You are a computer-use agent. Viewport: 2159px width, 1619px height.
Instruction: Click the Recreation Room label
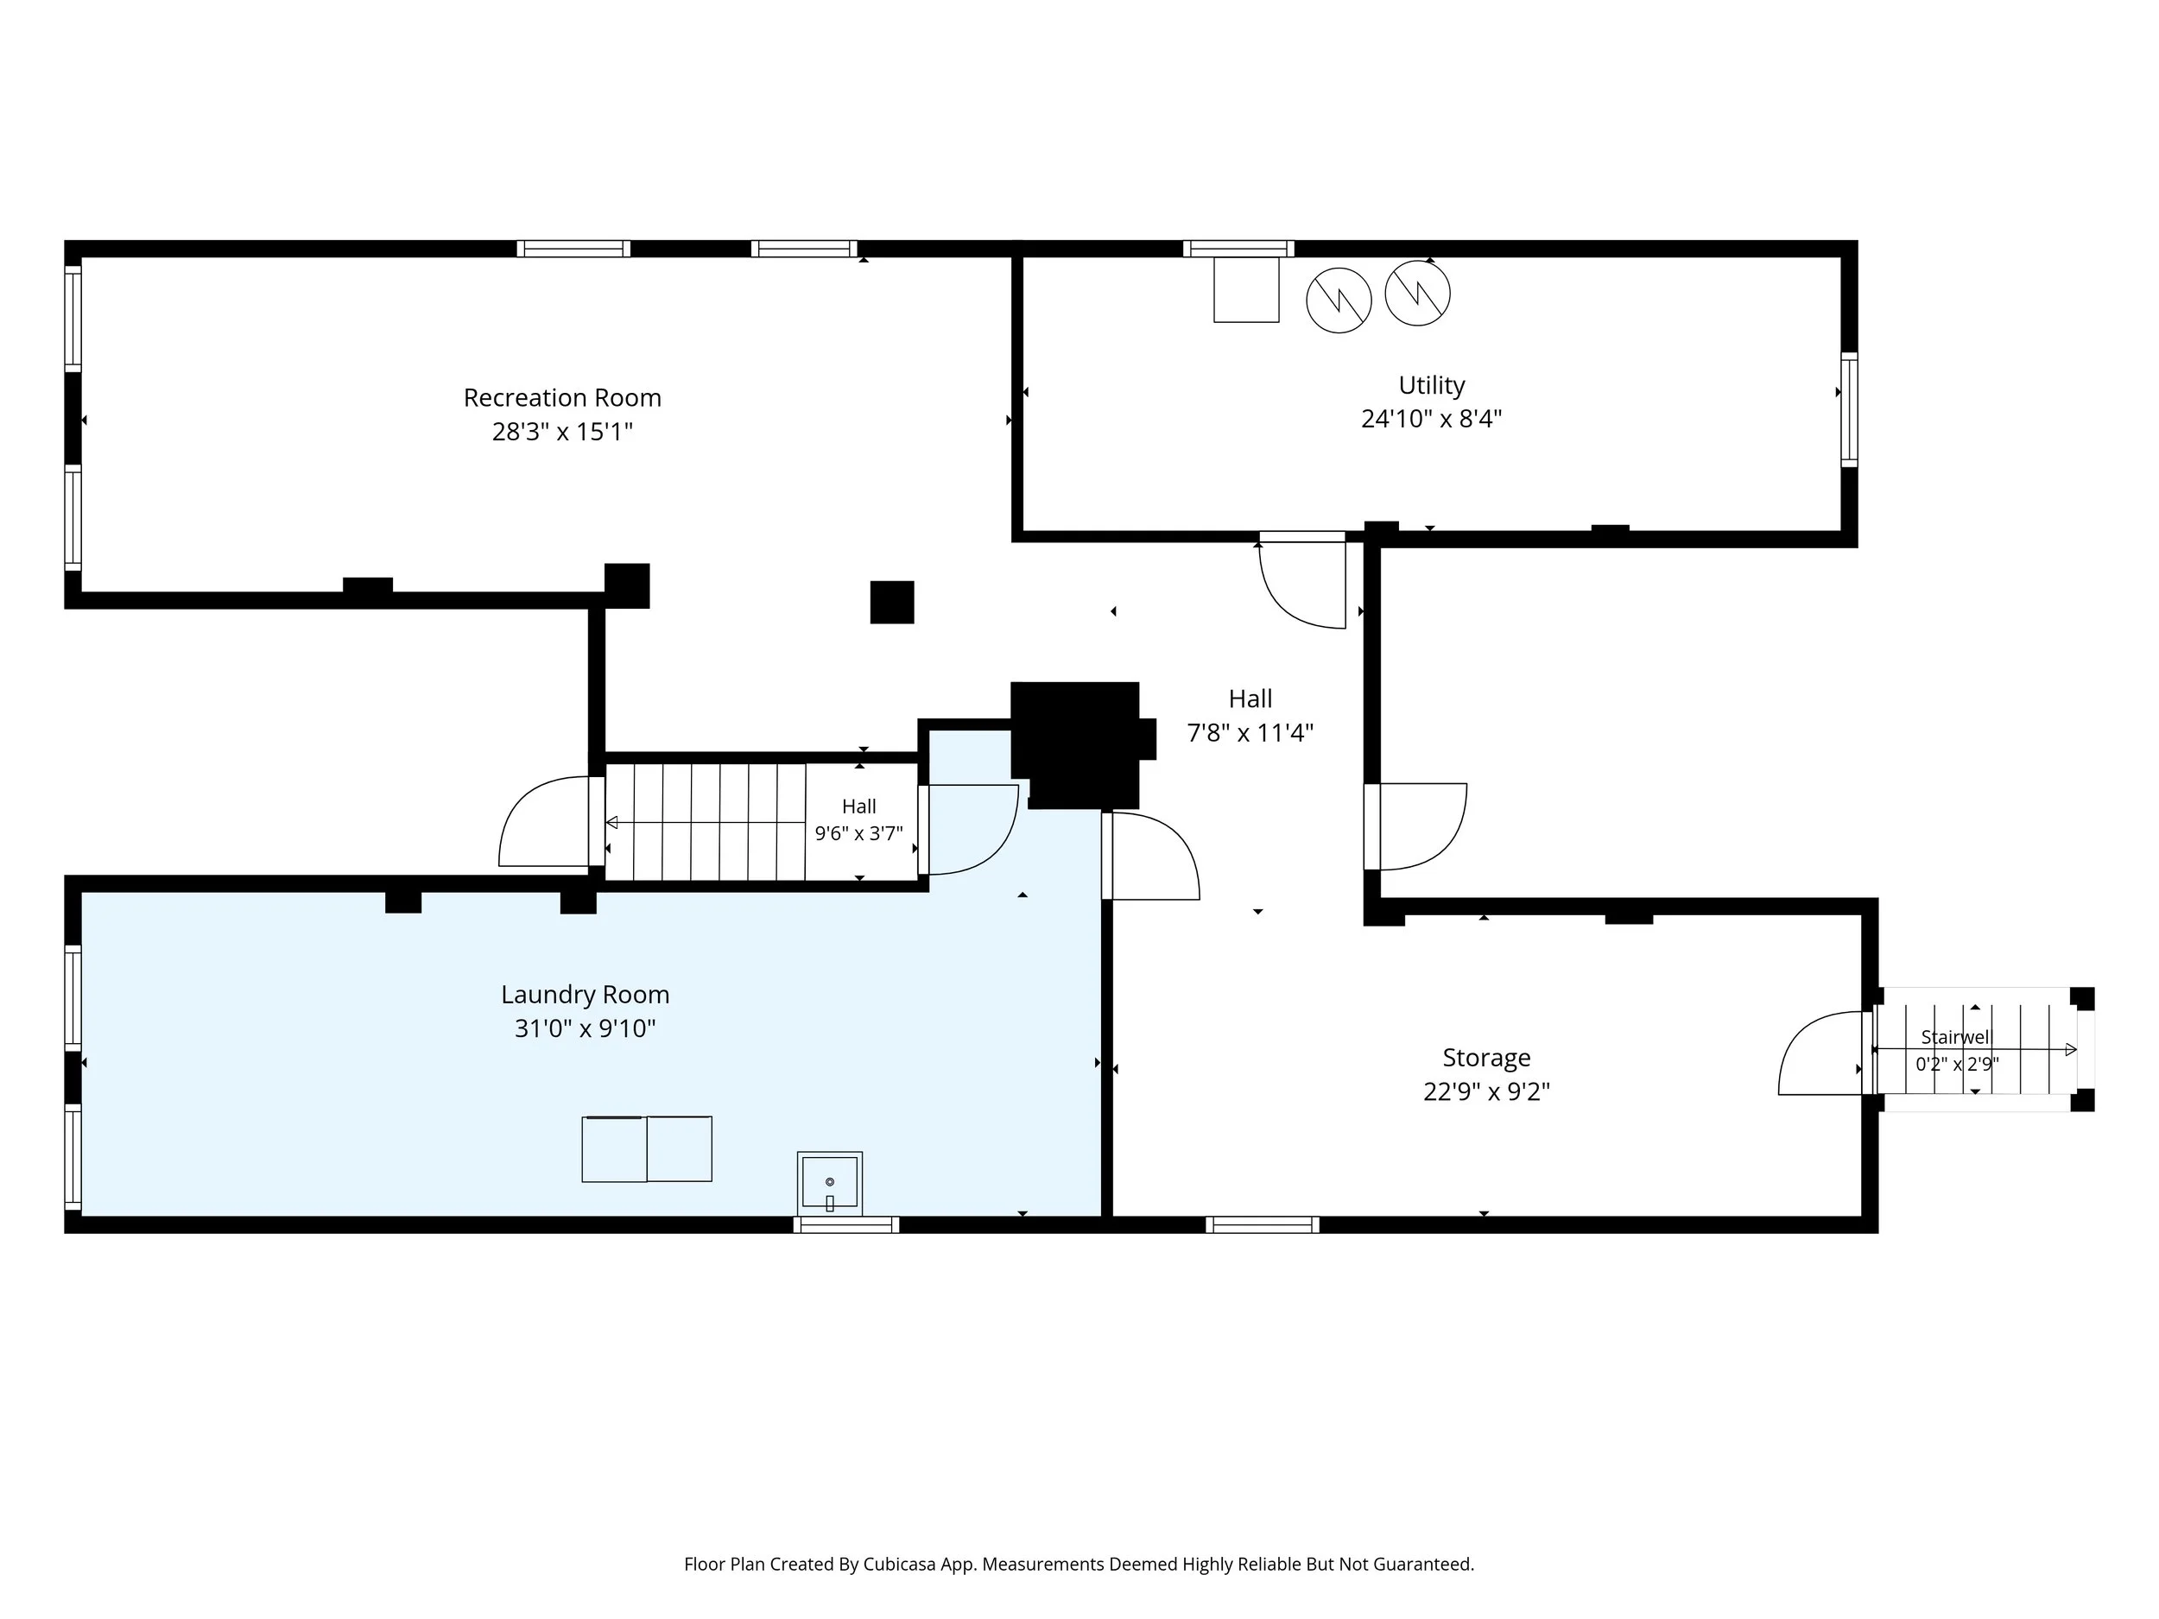[562, 398]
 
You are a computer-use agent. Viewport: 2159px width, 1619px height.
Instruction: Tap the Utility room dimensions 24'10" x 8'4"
[1431, 419]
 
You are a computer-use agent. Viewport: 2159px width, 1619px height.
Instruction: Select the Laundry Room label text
[585, 995]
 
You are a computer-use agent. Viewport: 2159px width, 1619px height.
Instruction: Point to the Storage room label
[1486, 1058]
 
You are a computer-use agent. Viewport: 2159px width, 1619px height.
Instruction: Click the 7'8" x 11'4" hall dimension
[1250, 733]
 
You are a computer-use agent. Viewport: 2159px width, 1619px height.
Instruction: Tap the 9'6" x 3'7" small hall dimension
[859, 834]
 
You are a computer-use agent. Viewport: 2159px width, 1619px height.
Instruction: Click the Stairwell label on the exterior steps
[1955, 1037]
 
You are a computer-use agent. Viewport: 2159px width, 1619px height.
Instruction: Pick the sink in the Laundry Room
[830, 1182]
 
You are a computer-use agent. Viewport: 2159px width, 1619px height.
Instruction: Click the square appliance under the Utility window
[1245, 289]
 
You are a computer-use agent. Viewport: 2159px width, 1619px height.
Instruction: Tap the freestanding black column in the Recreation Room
[892, 602]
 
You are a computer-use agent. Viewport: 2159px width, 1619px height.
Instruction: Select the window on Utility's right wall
[1849, 410]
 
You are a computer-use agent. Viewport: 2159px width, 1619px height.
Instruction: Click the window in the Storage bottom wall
[1262, 1224]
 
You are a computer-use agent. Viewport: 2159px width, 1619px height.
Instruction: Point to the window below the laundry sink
[845, 1224]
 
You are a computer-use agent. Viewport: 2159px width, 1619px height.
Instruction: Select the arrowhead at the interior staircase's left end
[611, 823]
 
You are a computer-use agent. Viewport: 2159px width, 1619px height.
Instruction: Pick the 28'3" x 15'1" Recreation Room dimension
[562, 432]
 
